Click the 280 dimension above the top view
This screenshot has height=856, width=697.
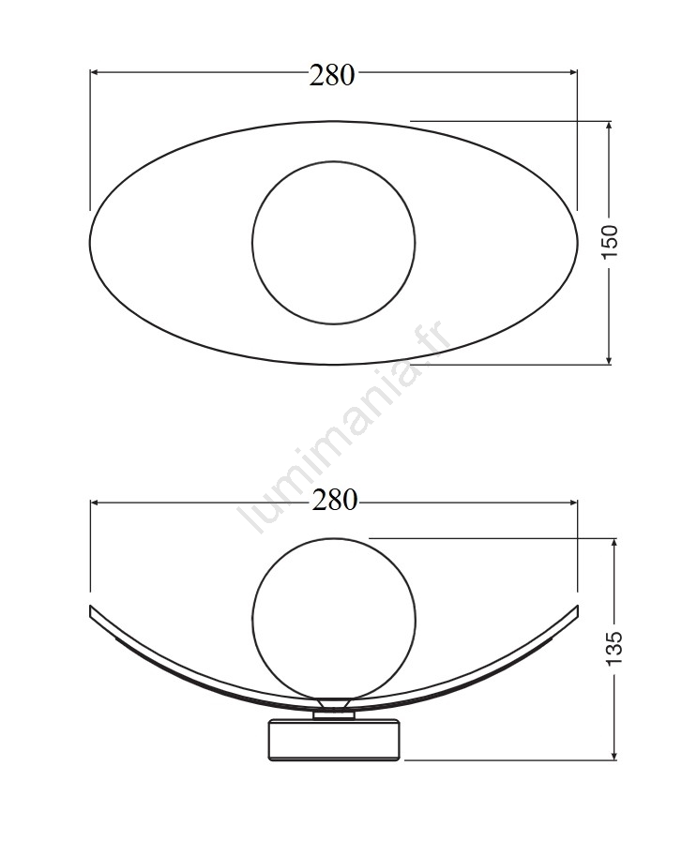(x=332, y=75)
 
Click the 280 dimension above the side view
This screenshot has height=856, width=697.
(x=334, y=500)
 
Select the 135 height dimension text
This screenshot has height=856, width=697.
(x=615, y=648)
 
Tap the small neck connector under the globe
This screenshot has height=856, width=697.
(x=334, y=714)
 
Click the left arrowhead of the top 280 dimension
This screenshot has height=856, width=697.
(x=94, y=71)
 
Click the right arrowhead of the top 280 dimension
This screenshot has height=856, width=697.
(x=573, y=71)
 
